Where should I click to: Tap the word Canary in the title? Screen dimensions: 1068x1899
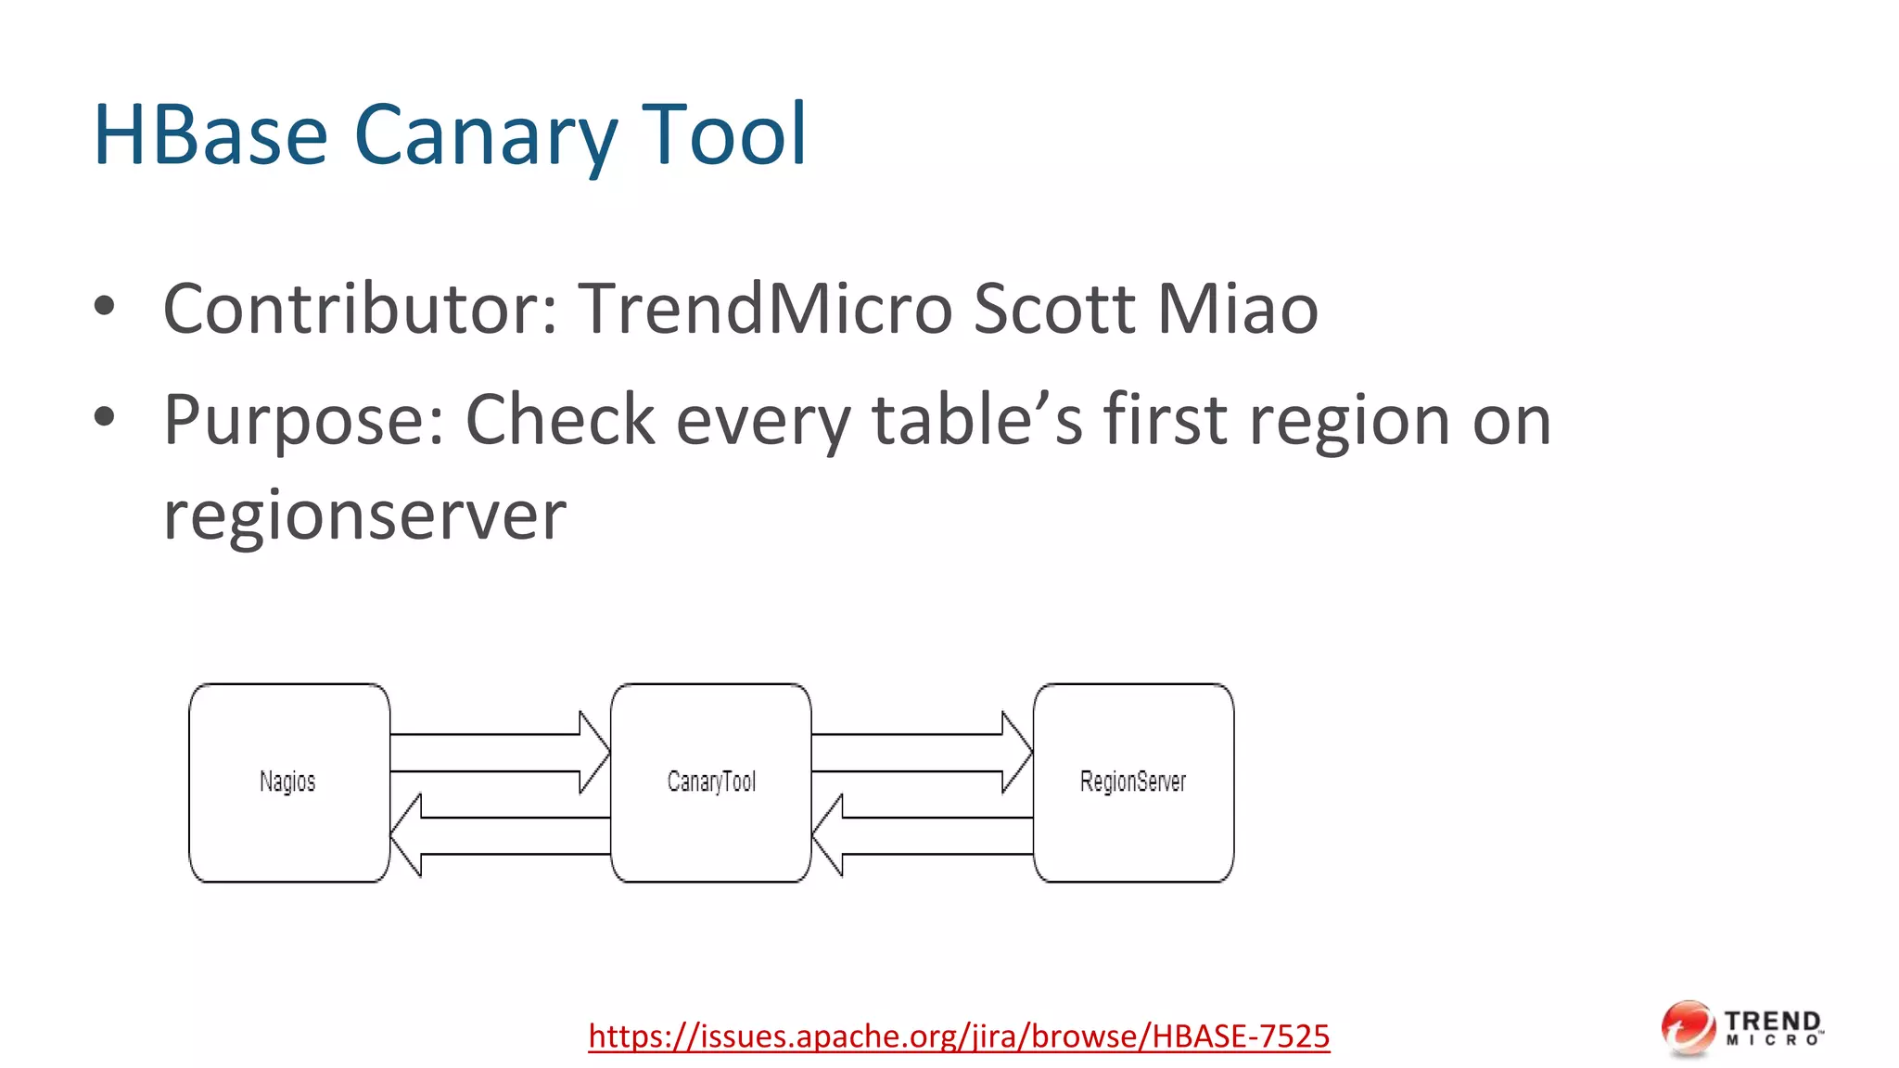[485, 135]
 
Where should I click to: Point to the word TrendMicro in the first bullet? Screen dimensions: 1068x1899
[766, 308]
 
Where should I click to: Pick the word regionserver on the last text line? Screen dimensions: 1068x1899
[364, 515]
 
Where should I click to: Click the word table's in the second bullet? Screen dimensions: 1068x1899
[977, 419]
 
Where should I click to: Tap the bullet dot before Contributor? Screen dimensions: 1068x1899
[105, 307]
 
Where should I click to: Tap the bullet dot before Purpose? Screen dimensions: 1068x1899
[105, 418]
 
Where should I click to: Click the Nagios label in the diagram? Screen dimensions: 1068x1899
[287, 782]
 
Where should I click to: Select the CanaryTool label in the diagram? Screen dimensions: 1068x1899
[711, 782]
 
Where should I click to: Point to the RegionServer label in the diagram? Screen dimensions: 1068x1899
[1133, 782]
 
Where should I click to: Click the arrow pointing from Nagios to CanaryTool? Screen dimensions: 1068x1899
[501, 752]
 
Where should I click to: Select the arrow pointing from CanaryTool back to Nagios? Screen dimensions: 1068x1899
[501, 835]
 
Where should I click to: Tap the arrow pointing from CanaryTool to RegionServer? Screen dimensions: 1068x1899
[923, 752]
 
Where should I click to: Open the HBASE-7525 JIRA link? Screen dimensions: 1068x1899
[959, 1036]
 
